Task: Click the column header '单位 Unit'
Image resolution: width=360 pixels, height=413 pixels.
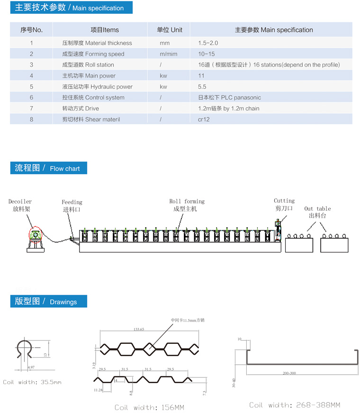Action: click(170, 30)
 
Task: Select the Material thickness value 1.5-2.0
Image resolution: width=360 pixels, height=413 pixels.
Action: click(208, 43)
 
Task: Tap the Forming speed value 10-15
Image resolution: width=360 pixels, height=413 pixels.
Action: click(207, 54)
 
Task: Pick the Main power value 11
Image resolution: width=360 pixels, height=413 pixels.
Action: click(201, 76)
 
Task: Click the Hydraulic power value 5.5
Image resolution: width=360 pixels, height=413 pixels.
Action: click(202, 87)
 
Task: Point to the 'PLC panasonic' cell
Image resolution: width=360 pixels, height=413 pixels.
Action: click(229, 98)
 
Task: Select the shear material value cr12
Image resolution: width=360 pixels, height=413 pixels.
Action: click(204, 119)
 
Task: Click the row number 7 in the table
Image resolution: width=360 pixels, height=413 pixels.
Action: click(31, 108)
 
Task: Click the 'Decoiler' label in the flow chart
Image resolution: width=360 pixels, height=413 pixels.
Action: click(20, 202)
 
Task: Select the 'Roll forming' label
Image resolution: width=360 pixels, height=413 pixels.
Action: click(187, 201)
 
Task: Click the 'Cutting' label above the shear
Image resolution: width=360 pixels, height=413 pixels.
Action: click(284, 201)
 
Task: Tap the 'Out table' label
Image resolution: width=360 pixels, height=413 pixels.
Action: click(317, 208)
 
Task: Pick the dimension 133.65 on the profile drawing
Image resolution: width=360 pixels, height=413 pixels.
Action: click(139, 328)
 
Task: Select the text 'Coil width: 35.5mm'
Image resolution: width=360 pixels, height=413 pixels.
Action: click(32, 382)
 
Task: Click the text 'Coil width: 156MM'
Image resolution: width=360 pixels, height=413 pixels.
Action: click(149, 407)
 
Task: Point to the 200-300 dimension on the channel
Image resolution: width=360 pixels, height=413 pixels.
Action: click(289, 373)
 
